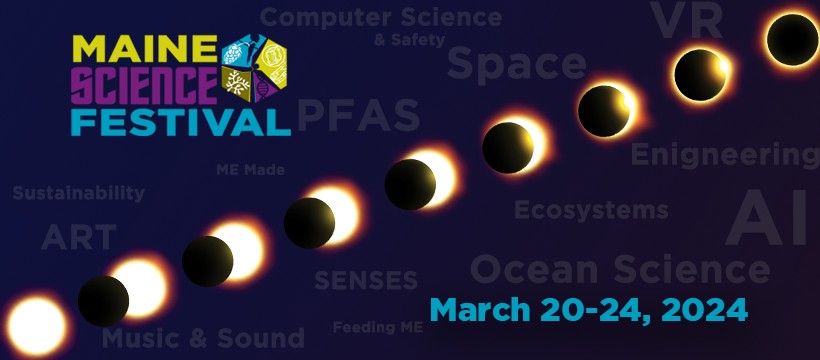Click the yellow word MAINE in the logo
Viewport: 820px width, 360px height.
pyautogui.click(x=144, y=49)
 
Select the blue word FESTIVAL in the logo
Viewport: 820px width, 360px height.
pyautogui.click(x=180, y=121)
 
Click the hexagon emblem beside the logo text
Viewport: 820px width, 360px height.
pyautogui.click(x=255, y=68)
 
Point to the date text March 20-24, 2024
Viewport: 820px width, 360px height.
pyautogui.click(x=588, y=310)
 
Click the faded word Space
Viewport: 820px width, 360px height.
pyautogui.click(x=517, y=65)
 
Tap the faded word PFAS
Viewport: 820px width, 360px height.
pyautogui.click(x=359, y=115)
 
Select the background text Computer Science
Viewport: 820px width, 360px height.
pyautogui.click(x=381, y=18)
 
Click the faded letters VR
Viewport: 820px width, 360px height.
pyautogui.click(x=686, y=20)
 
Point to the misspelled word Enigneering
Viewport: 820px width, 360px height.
pyautogui.click(x=725, y=155)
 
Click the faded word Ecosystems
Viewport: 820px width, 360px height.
pyautogui.click(x=591, y=210)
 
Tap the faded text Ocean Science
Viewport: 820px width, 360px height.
pyautogui.click(x=620, y=269)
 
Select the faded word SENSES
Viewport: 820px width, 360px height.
pyautogui.click(x=366, y=280)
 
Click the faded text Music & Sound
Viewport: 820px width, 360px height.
pyautogui.click(x=203, y=338)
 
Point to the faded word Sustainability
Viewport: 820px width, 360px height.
pyautogui.click(x=78, y=193)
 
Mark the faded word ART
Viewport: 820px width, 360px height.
pyautogui.click(x=78, y=237)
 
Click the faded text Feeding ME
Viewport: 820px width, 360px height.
pyautogui.click(x=378, y=328)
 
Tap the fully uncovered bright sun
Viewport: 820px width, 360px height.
pyautogui.click(x=37, y=325)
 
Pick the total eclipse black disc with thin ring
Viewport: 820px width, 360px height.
pyautogui.click(x=792, y=40)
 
